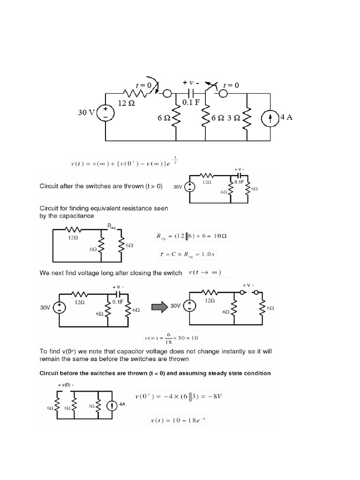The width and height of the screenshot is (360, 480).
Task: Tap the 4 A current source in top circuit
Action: click(x=270, y=117)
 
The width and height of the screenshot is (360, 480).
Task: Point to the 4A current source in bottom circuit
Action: click(x=112, y=406)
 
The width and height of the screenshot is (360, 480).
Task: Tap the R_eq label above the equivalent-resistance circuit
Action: click(x=111, y=226)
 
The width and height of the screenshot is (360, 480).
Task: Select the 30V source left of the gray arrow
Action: click(x=59, y=307)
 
